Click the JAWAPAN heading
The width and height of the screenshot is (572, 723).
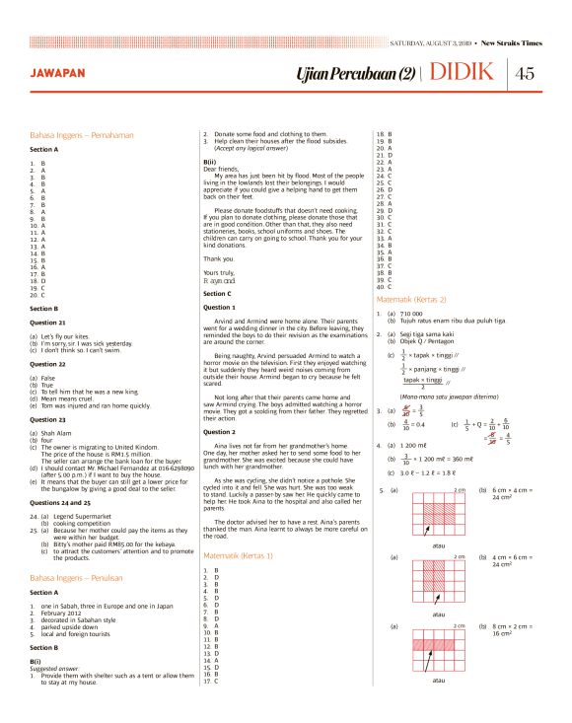coord(56,74)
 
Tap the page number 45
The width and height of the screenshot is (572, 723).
coord(525,74)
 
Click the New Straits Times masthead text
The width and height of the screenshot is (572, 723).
coord(510,43)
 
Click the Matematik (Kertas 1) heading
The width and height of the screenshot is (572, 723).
coord(241,556)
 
